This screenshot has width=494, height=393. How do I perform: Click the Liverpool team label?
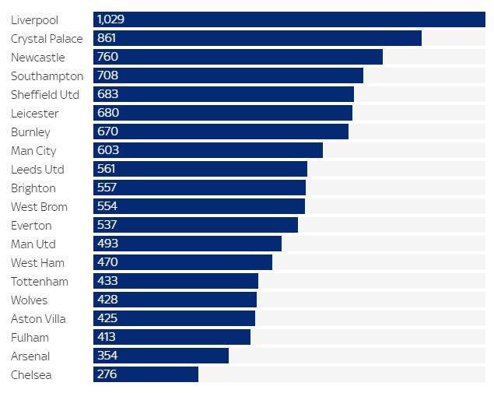click(34, 19)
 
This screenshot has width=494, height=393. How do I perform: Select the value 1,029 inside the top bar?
click(110, 19)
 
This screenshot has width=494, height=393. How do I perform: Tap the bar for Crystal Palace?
click(257, 38)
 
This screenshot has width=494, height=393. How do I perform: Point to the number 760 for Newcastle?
click(107, 57)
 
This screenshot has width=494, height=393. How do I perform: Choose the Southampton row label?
click(47, 75)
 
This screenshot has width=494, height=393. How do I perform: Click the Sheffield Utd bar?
click(223, 94)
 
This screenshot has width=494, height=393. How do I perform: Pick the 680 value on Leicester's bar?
click(107, 113)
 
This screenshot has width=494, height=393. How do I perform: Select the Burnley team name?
click(30, 132)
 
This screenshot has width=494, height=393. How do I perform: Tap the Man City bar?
click(208, 150)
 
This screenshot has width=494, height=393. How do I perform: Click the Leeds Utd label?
click(37, 169)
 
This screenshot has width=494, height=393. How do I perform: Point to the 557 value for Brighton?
click(107, 188)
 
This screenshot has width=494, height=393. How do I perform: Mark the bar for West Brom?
click(199, 206)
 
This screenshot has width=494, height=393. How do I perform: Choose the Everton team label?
click(31, 225)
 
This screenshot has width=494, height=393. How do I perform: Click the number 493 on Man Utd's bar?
click(107, 244)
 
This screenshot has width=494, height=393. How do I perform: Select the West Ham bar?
click(183, 262)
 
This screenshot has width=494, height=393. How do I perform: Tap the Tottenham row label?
click(39, 281)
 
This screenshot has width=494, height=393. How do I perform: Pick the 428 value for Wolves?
click(107, 300)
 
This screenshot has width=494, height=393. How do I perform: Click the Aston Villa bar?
click(174, 318)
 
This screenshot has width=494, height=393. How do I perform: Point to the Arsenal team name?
click(30, 356)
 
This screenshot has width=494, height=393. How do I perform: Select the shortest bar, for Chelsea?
click(145, 374)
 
